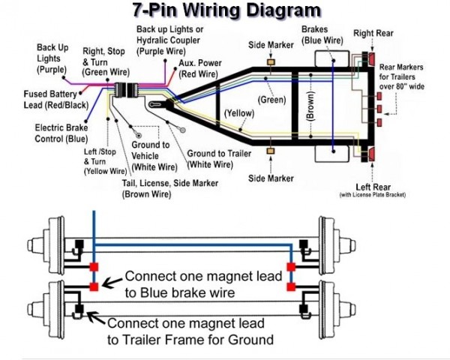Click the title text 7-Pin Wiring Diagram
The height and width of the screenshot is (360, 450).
(x=225, y=10)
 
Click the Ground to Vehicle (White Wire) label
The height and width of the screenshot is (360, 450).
(x=154, y=155)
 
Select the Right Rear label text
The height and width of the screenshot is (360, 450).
(x=373, y=33)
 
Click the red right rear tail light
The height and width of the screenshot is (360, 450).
(x=369, y=58)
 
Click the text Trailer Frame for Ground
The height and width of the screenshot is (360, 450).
(x=190, y=340)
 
